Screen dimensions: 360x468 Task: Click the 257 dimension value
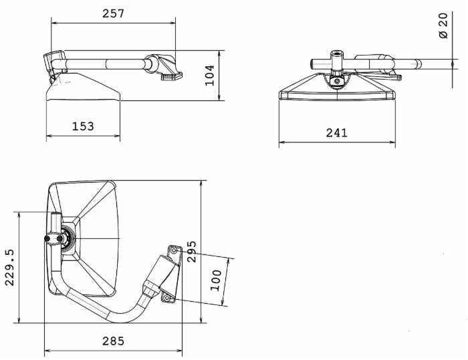pos(114,13)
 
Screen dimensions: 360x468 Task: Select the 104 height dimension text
pos(210,75)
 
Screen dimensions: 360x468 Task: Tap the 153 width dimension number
pos(84,126)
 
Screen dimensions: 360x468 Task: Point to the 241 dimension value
pos(336,132)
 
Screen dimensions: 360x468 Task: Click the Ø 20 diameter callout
pos(443,25)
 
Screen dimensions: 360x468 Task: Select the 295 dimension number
pos(192,252)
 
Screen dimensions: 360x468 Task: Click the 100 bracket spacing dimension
pos(215,279)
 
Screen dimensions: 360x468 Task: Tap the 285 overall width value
pos(113,341)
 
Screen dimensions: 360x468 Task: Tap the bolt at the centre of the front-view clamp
pos(338,82)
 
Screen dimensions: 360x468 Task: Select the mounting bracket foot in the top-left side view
pos(171,76)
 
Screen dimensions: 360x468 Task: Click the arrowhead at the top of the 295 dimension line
pos(201,182)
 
